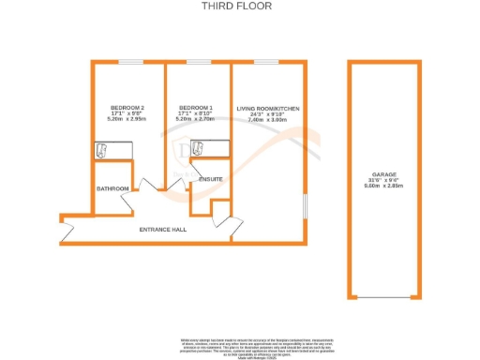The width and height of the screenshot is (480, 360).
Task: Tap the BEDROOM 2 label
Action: point(127,108)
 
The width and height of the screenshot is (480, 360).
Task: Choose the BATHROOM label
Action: point(112,188)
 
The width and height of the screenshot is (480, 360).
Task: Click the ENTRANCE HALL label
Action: point(163,229)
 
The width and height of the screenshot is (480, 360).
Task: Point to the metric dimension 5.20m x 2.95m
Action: point(127,120)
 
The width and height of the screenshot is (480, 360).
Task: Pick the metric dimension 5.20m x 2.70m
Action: point(197,120)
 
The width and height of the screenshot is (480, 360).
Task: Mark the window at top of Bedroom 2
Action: point(131,63)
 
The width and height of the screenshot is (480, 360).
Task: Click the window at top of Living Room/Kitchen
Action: point(267,63)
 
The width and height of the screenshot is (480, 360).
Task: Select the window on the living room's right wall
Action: point(305,206)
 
